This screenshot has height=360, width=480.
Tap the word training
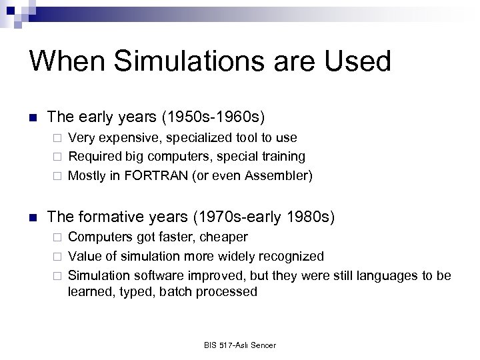pyautogui.click(x=283, y=157)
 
